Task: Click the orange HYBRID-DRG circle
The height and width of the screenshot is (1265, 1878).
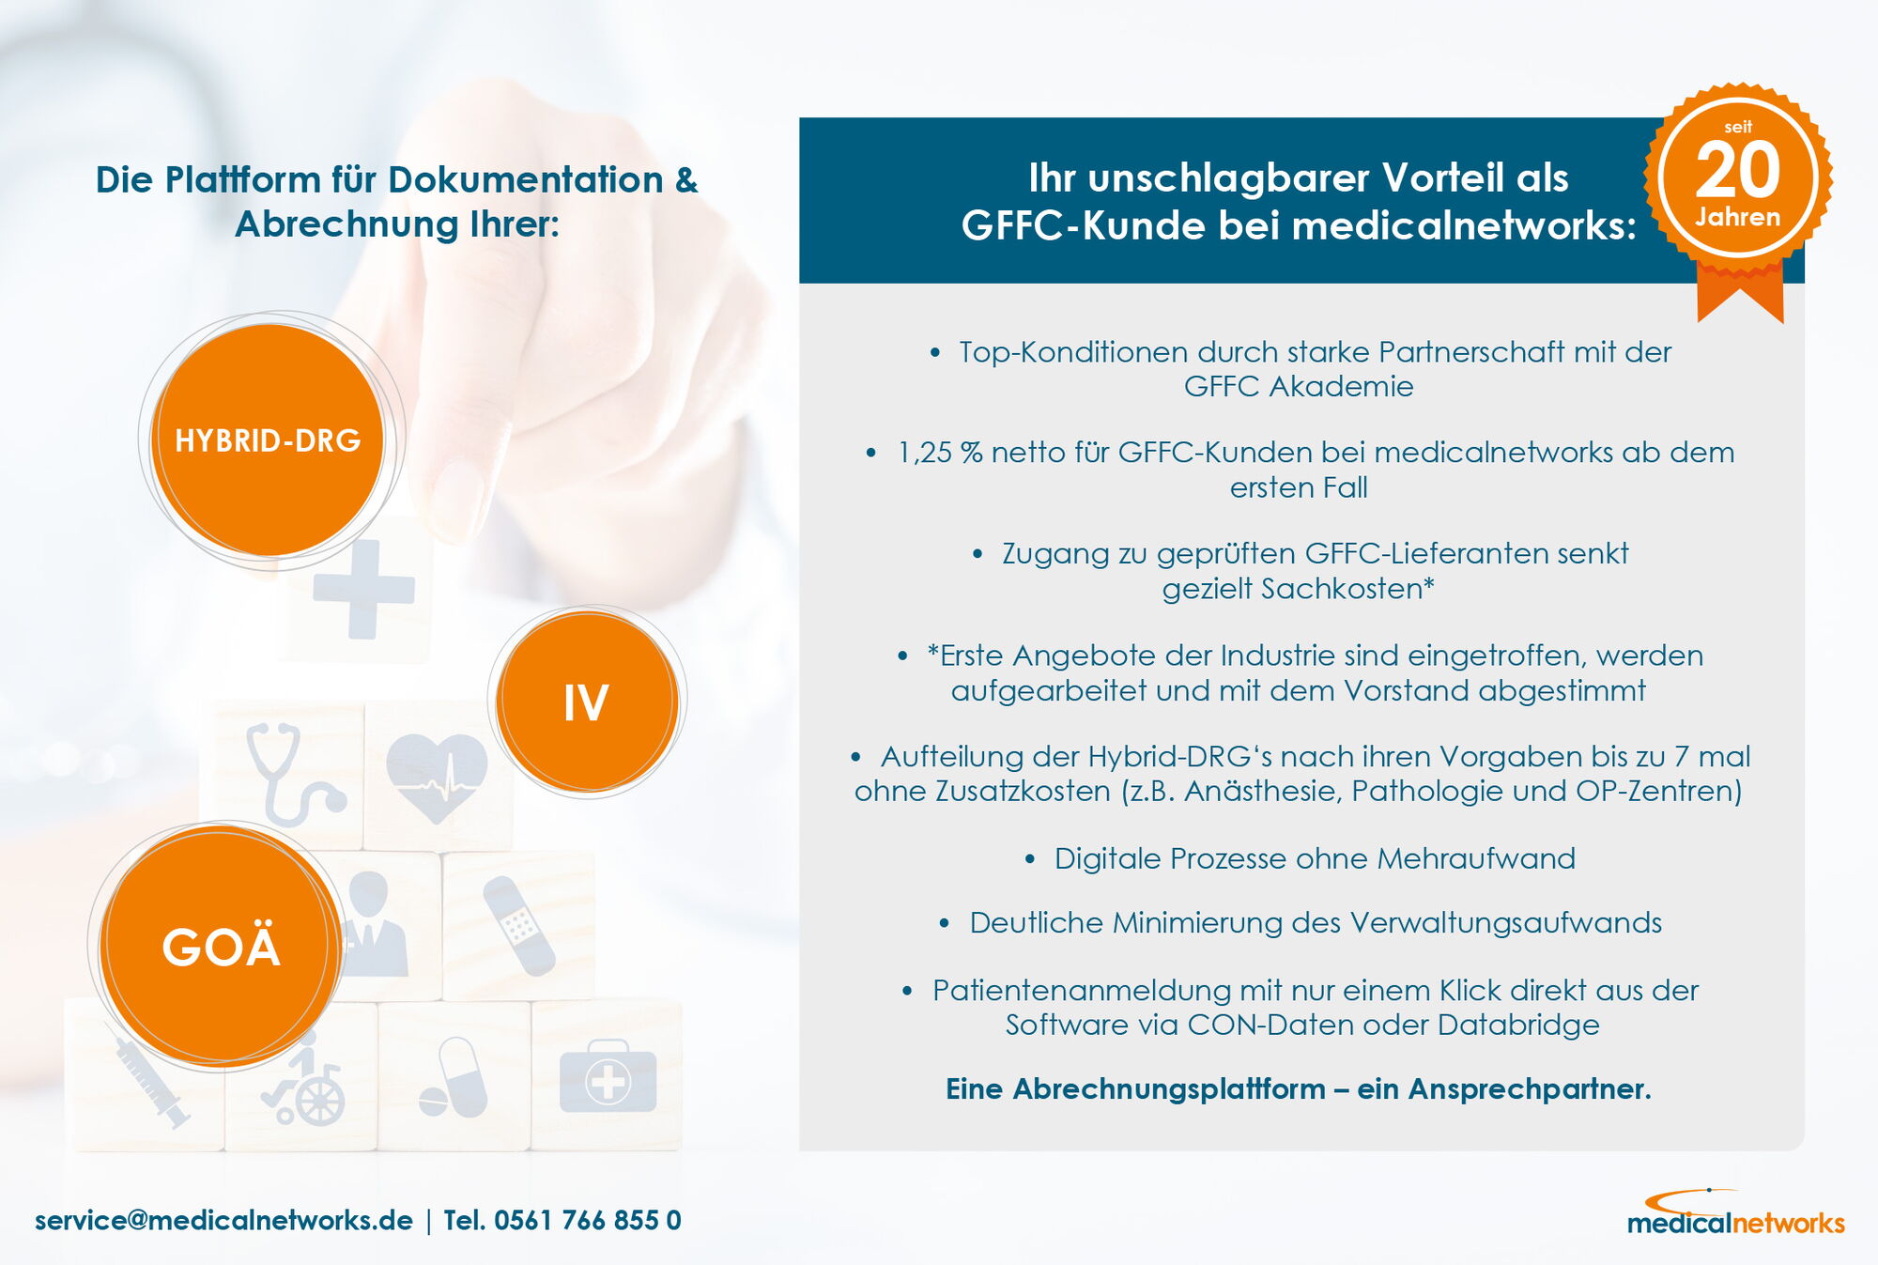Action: (268, 440)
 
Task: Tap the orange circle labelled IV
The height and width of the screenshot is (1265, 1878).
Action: (587, 701)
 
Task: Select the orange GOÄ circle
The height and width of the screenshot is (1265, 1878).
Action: (221, 946)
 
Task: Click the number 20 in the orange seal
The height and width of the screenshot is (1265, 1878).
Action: (1738, 170)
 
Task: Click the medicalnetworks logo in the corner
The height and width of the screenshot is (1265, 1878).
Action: (1735, 1213)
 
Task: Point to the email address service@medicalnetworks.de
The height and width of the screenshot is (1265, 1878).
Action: (223, 1220)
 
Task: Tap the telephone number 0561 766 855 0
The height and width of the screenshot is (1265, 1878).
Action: (588, 1220)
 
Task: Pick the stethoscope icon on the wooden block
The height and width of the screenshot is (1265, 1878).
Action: (291, 772)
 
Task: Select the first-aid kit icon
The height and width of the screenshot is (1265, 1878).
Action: (608, 1077)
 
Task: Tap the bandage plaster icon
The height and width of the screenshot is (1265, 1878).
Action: (518, 926)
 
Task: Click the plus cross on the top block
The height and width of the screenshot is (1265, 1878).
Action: (363, 590)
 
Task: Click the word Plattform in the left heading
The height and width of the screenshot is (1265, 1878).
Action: (243, 179)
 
